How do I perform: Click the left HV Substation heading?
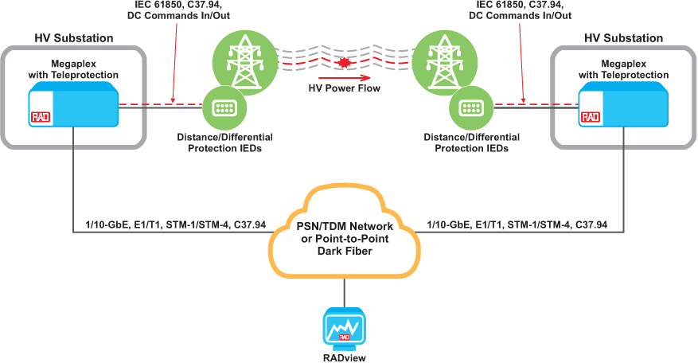pyautogui.click(x=73, y=38)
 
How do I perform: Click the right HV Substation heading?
pyautogui.click(x=623, y=38)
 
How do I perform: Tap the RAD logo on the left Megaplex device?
pyautogui.click(x=41, y=117)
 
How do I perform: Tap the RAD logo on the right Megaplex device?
pyautogui.click(x=590, y=117)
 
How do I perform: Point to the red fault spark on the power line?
pyautogui.click(x=345, y=61)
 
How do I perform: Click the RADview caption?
pyautogui.click(x=344, y=357)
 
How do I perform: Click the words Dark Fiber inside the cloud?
pyautogui.click(x=345, y=252)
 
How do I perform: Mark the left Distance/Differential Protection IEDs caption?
pyautogui.click(x=219, y=142)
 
